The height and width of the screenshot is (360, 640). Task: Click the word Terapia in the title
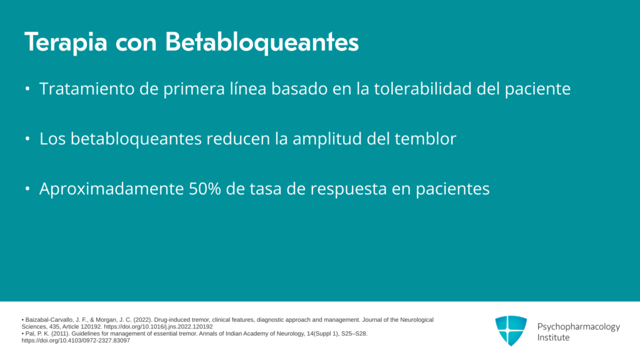66,42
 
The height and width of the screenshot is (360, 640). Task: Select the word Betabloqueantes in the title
262,42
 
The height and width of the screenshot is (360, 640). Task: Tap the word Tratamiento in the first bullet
86,89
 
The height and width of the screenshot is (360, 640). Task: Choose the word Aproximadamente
111,189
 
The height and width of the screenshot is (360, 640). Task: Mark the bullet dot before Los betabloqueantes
27,139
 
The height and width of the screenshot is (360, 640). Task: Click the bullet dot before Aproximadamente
27,189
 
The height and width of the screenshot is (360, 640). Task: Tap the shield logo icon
511,331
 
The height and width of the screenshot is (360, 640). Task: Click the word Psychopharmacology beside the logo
578,327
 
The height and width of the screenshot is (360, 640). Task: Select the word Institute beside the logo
553,337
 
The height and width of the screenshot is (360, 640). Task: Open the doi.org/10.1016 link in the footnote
158,326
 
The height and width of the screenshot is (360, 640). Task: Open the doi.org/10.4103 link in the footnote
76,341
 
